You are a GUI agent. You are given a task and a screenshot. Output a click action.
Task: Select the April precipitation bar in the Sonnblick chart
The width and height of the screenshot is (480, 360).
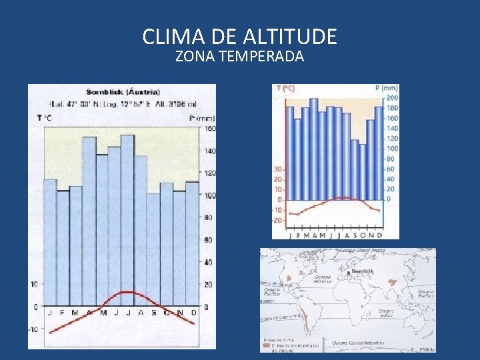click(89, 220)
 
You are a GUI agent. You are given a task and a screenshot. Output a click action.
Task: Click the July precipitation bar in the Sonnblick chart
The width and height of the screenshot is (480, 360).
click(127, 220)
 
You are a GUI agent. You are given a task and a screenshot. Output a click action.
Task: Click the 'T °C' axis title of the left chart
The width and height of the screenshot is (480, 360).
click(44, 118)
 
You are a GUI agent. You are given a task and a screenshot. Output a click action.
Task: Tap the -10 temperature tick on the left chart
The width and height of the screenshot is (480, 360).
click(33, 329)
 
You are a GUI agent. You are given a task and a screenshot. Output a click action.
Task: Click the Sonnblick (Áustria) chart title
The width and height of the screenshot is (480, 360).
click(123, 91)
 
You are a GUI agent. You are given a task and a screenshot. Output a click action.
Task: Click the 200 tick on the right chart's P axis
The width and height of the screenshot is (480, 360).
click(393, 97)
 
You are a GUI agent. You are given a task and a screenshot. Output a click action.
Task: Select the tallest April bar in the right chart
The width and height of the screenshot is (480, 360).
click(313, 149)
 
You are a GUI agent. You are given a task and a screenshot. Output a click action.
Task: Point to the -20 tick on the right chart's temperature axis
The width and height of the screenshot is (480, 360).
click(278, 220)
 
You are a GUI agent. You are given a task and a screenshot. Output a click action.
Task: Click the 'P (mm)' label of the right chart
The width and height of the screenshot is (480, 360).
click(387, 87)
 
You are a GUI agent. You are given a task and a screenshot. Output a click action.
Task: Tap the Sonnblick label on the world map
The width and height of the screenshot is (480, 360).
click(363, 272)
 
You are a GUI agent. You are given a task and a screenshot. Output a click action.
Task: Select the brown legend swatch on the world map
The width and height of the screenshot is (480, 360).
click(265, 346)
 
